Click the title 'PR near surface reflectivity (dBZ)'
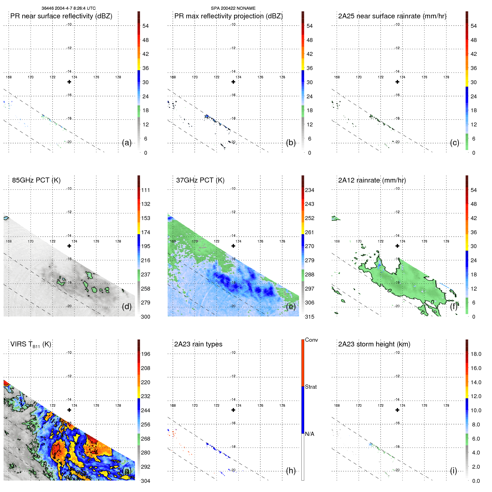[61, 16]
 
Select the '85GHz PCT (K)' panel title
[36, 180]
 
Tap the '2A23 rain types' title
[198, 344]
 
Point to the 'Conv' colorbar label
[311, 340]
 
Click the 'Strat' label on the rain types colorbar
[311, 387]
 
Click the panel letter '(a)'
[127, 143]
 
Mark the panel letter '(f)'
[454, 307]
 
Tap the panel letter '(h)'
[291, 471]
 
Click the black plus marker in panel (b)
[233, 82]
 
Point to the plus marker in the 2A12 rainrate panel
[397, 246]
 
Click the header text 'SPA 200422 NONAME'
[233, 8]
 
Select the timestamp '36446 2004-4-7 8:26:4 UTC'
[69, 8]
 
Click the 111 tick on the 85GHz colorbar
[146, 190]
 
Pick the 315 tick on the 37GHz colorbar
[309, 317]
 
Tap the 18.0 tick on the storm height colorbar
[476, 354]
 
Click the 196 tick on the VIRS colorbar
[146, 354]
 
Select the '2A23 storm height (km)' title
[374, 344]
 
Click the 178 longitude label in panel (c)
[446, 77]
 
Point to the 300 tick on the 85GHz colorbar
[146, 317]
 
